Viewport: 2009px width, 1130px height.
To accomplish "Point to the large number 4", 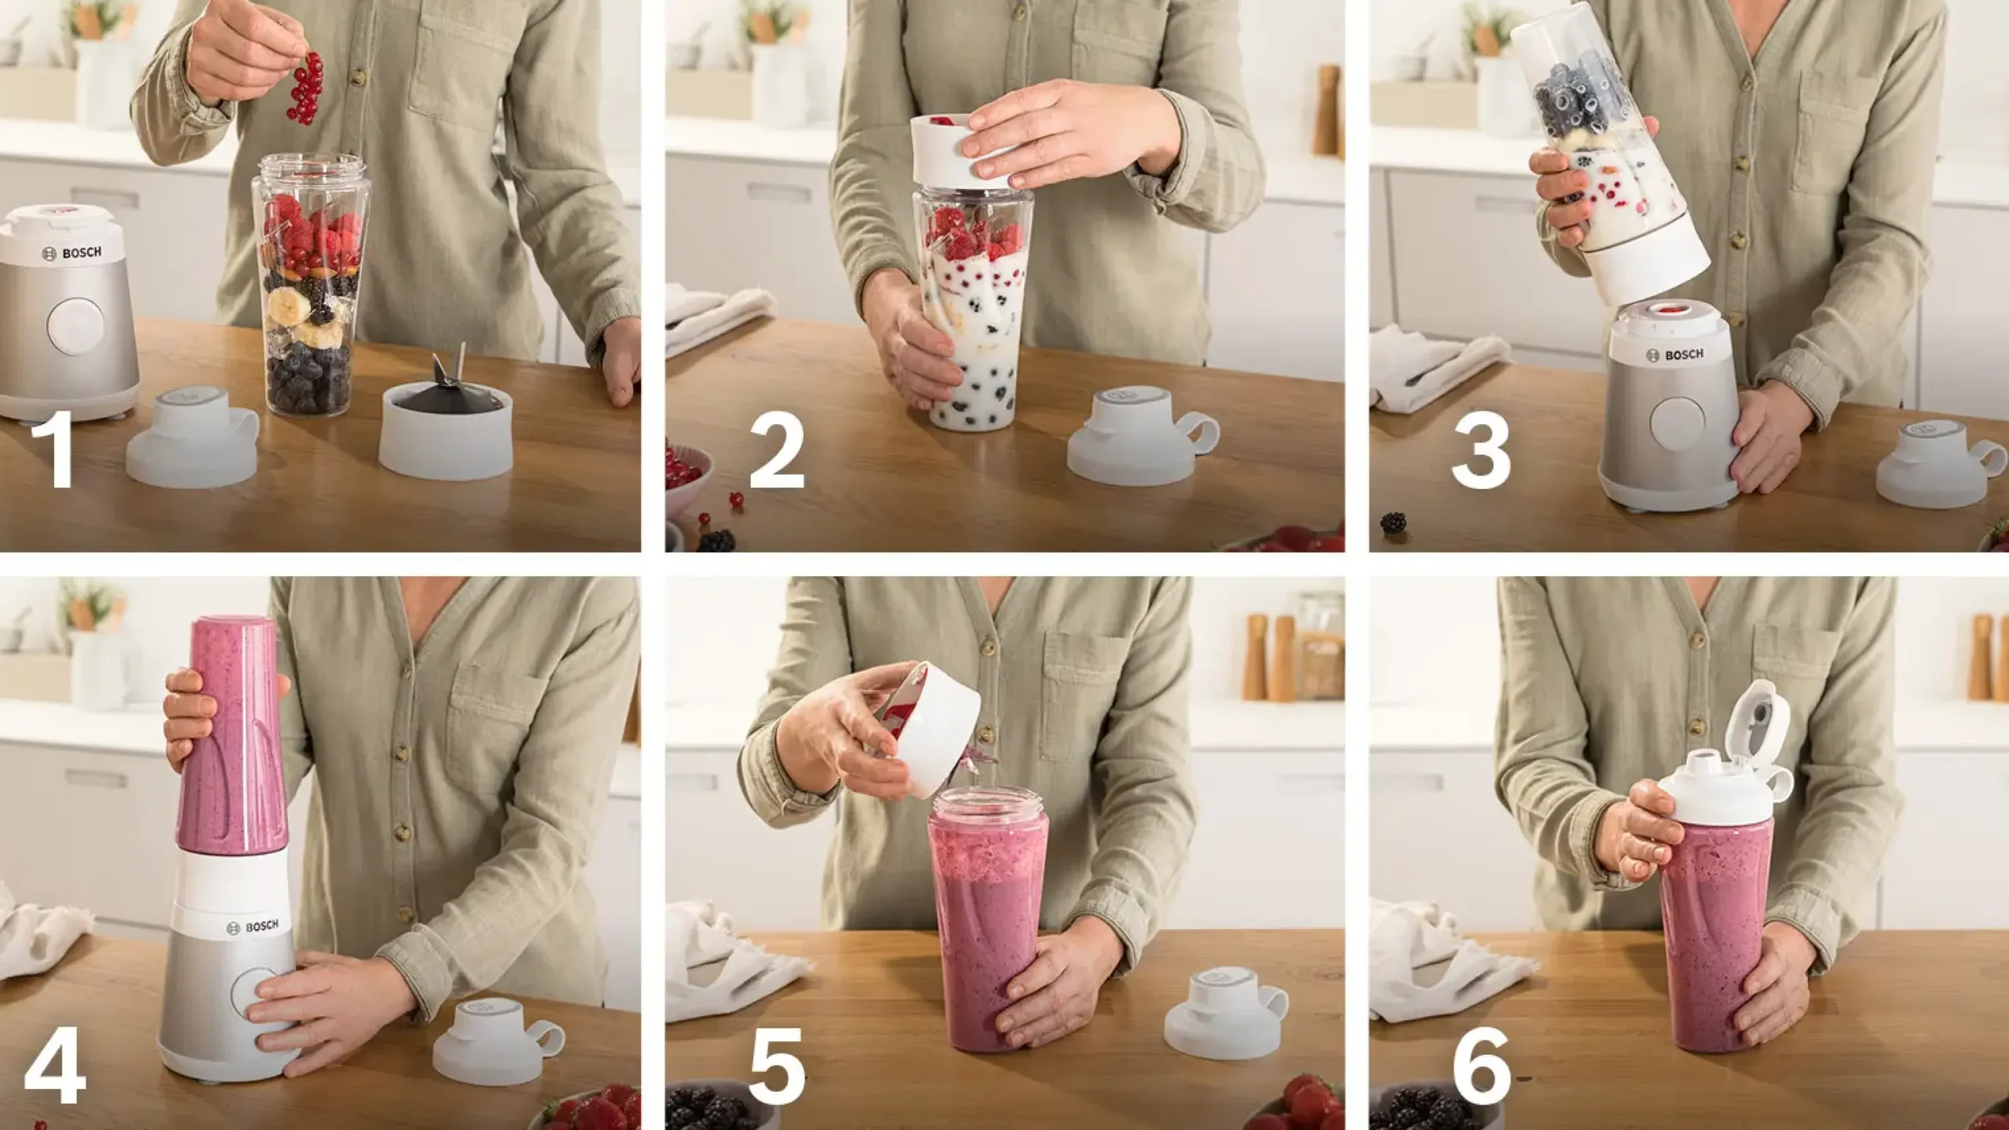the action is (x=55, y=1065).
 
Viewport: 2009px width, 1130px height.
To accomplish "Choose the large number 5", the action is (x=777, y=1065).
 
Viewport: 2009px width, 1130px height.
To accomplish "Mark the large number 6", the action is (x=1482, y=1065).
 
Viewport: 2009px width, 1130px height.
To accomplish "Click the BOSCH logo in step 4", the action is (x=252, y=927).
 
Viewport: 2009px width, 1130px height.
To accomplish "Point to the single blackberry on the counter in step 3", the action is (x=1393, y=522).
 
